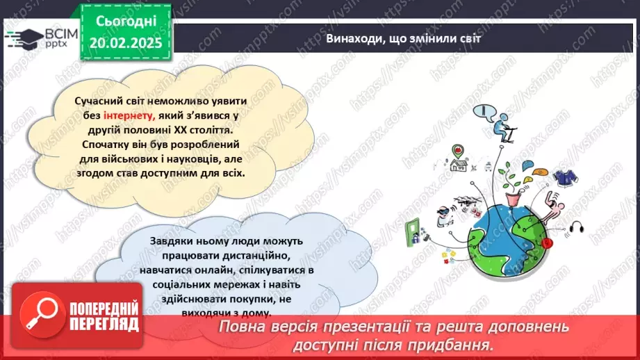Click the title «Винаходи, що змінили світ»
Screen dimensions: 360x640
coord(404,39)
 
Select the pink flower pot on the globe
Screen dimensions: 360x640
coord(514,198)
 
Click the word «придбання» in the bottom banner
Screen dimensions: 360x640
coord(459,344)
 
